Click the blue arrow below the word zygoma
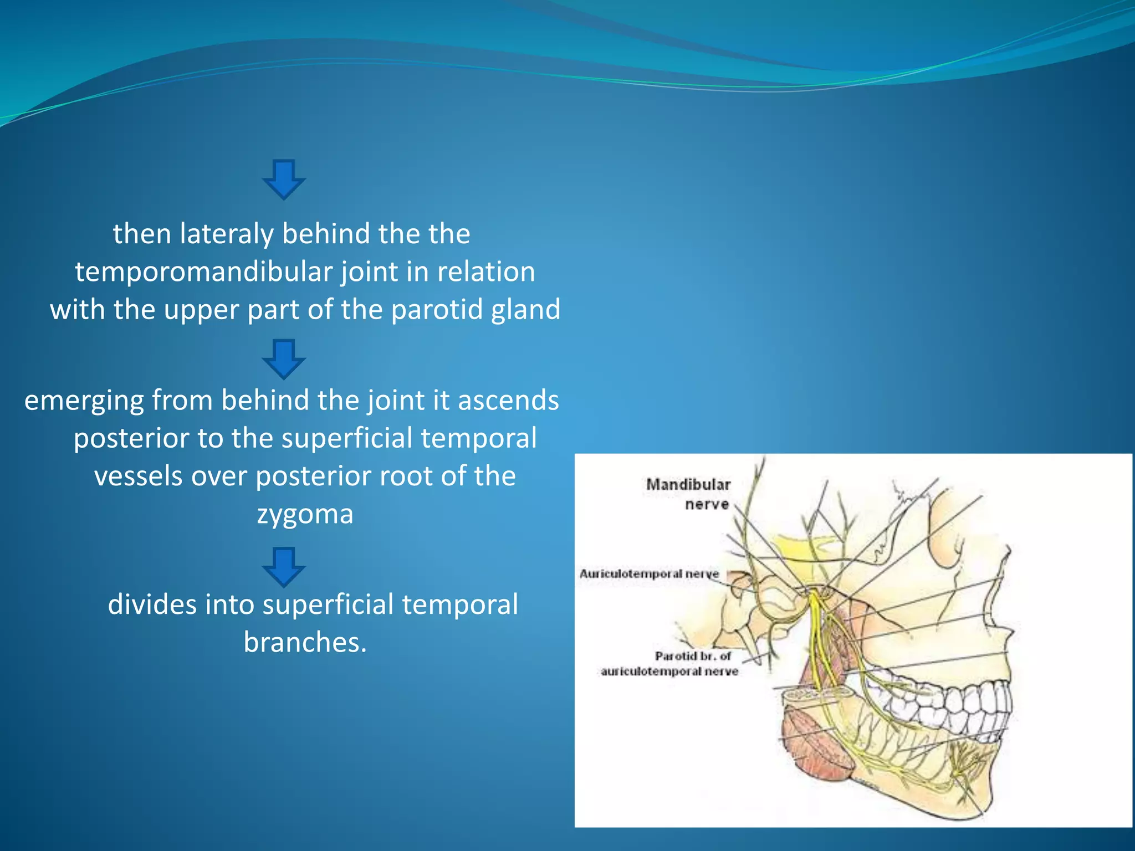(x=284, y=567)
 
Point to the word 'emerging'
(x=84, y=401)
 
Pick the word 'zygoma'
(x=305, y=514)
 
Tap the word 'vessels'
(x=139, y=476)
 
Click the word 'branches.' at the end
(x=305, y=643)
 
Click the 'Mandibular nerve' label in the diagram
(x=689, y=494)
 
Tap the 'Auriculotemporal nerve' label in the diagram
(x=649, y=574)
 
